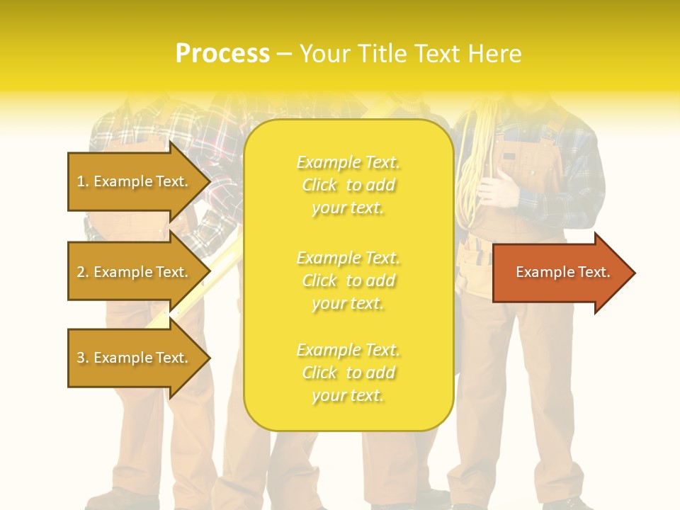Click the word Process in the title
pyautogui.click(x=222, y=54)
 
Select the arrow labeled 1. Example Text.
pyautogui.click(x=135, y=181)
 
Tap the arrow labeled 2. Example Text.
pyautogui.click(x=135, y=272)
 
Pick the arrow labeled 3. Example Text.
pyautogui.click(x=135, y=358)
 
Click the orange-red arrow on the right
pyautogui.click(x=560, y=272)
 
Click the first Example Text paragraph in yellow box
pyautogui.click(x=348, y=185)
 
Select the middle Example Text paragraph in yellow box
pyautogui.click(x=348, y=280)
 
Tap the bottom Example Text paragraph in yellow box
pyautogui.click(x=348, y=373)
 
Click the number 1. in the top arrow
pyautogui.click(x=83, y=181)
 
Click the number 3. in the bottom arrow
pyautogui.click(x=83, y=358)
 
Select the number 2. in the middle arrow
pyautogui.click(x=83, y=272)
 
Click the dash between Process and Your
pyautogui.click(x=284, y=54)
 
